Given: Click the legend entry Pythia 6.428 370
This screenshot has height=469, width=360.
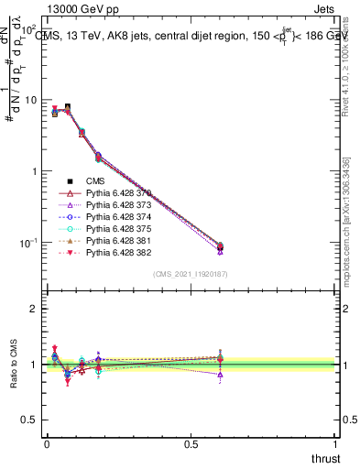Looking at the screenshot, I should (118, 193).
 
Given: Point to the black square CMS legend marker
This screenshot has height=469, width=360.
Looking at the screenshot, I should (70, 181).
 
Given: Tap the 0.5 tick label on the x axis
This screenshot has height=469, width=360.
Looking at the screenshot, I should (191, 443).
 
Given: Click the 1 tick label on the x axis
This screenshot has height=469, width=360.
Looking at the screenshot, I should (336, 443).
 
